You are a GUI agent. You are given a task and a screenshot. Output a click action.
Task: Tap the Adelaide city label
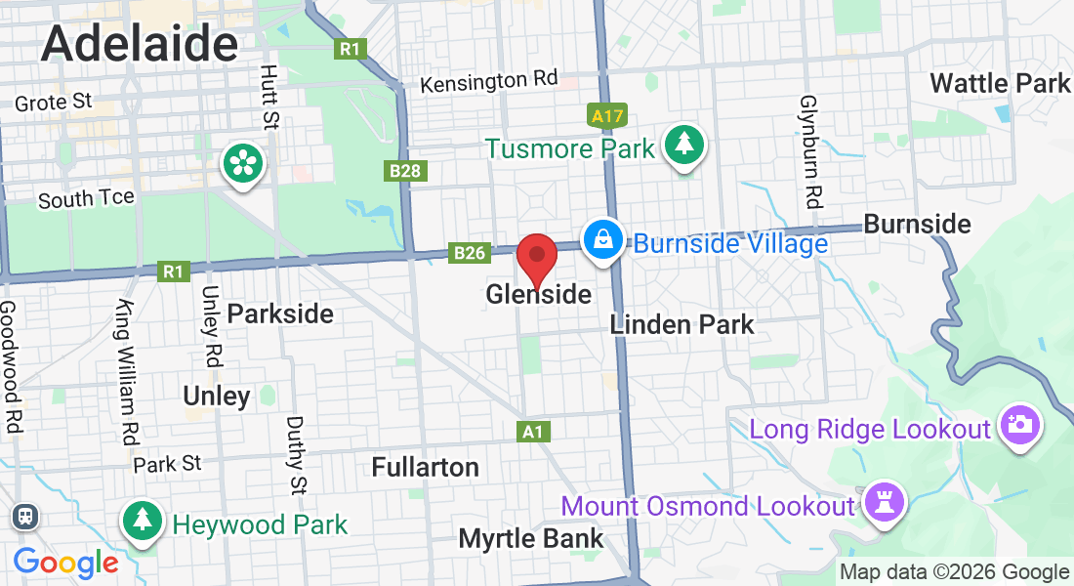pos(140,44)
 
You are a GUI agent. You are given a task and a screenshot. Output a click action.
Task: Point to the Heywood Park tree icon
pos(144,521)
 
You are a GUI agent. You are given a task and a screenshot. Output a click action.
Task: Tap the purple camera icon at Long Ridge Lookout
pos(1019,426)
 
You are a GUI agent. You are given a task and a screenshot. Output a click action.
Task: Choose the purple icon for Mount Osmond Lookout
pos(885,504)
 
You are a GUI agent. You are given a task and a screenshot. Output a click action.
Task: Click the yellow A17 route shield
pos(607,116)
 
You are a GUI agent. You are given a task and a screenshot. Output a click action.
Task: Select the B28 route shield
pos(405,172)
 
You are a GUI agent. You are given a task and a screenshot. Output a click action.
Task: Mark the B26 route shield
pos(469,253)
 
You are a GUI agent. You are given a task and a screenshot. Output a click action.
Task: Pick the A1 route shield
pos(532,431)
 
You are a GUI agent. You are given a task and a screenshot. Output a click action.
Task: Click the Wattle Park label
pos(1000,83)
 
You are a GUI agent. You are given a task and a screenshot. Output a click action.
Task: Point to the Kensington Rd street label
pos(489,81)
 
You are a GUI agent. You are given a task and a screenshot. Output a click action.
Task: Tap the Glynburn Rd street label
pos(808,151)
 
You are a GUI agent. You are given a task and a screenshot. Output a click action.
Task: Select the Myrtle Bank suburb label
pos(531,538)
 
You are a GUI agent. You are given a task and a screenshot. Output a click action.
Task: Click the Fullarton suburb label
pos(426,467)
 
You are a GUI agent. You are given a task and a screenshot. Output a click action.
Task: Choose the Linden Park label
pos(682,324)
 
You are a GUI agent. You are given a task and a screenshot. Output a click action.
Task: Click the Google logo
pos(66,563)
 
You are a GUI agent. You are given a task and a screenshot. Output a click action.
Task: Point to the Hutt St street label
pos(269,98)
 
